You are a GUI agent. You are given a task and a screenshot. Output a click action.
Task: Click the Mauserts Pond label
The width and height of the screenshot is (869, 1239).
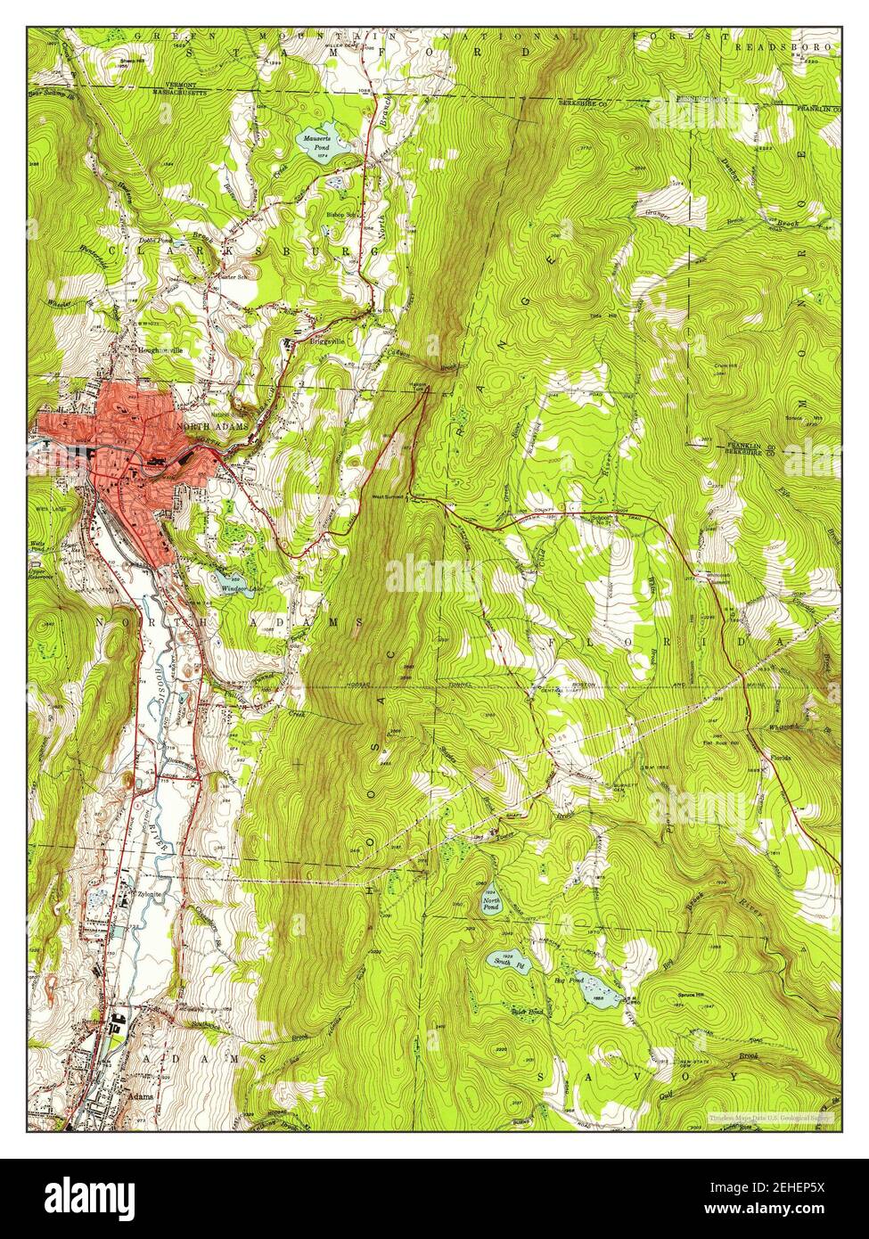coord(314,143)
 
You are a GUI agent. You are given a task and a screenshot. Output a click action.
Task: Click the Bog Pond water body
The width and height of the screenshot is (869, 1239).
coord(590,987)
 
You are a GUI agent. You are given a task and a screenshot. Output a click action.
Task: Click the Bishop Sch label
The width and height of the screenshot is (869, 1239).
coord(341,214)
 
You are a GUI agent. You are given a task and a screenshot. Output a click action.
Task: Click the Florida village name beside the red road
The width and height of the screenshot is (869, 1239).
coord(781,758)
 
